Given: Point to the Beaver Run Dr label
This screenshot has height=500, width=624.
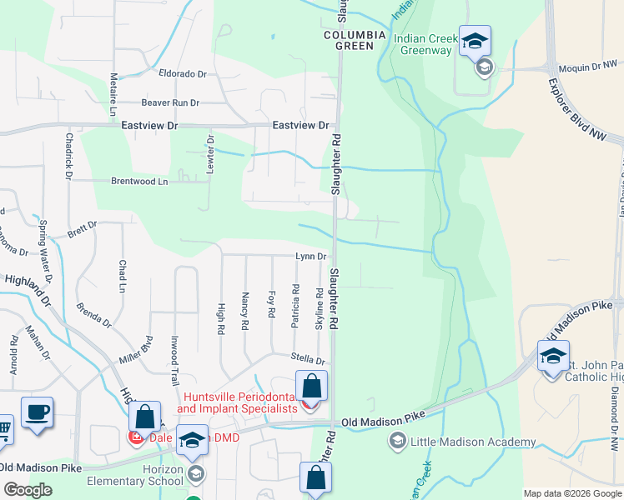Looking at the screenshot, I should click(170, 102).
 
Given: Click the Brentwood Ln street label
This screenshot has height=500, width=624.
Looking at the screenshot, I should click(139, 181).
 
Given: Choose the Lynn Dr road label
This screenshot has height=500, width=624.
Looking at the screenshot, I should click(309, 257).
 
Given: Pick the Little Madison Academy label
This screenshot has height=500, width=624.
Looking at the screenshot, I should click(472, 442).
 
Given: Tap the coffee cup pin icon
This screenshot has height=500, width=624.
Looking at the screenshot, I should click(38, 412).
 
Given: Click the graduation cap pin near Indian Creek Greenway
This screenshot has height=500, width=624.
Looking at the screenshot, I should click(475, 41).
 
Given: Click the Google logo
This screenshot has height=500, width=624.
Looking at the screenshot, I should click(28, 490).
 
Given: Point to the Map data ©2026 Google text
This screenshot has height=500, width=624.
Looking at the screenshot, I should click(571, 493).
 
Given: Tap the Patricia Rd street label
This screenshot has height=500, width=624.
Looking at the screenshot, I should click(295, 306).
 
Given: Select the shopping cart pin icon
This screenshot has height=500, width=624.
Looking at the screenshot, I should click(3, 430).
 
